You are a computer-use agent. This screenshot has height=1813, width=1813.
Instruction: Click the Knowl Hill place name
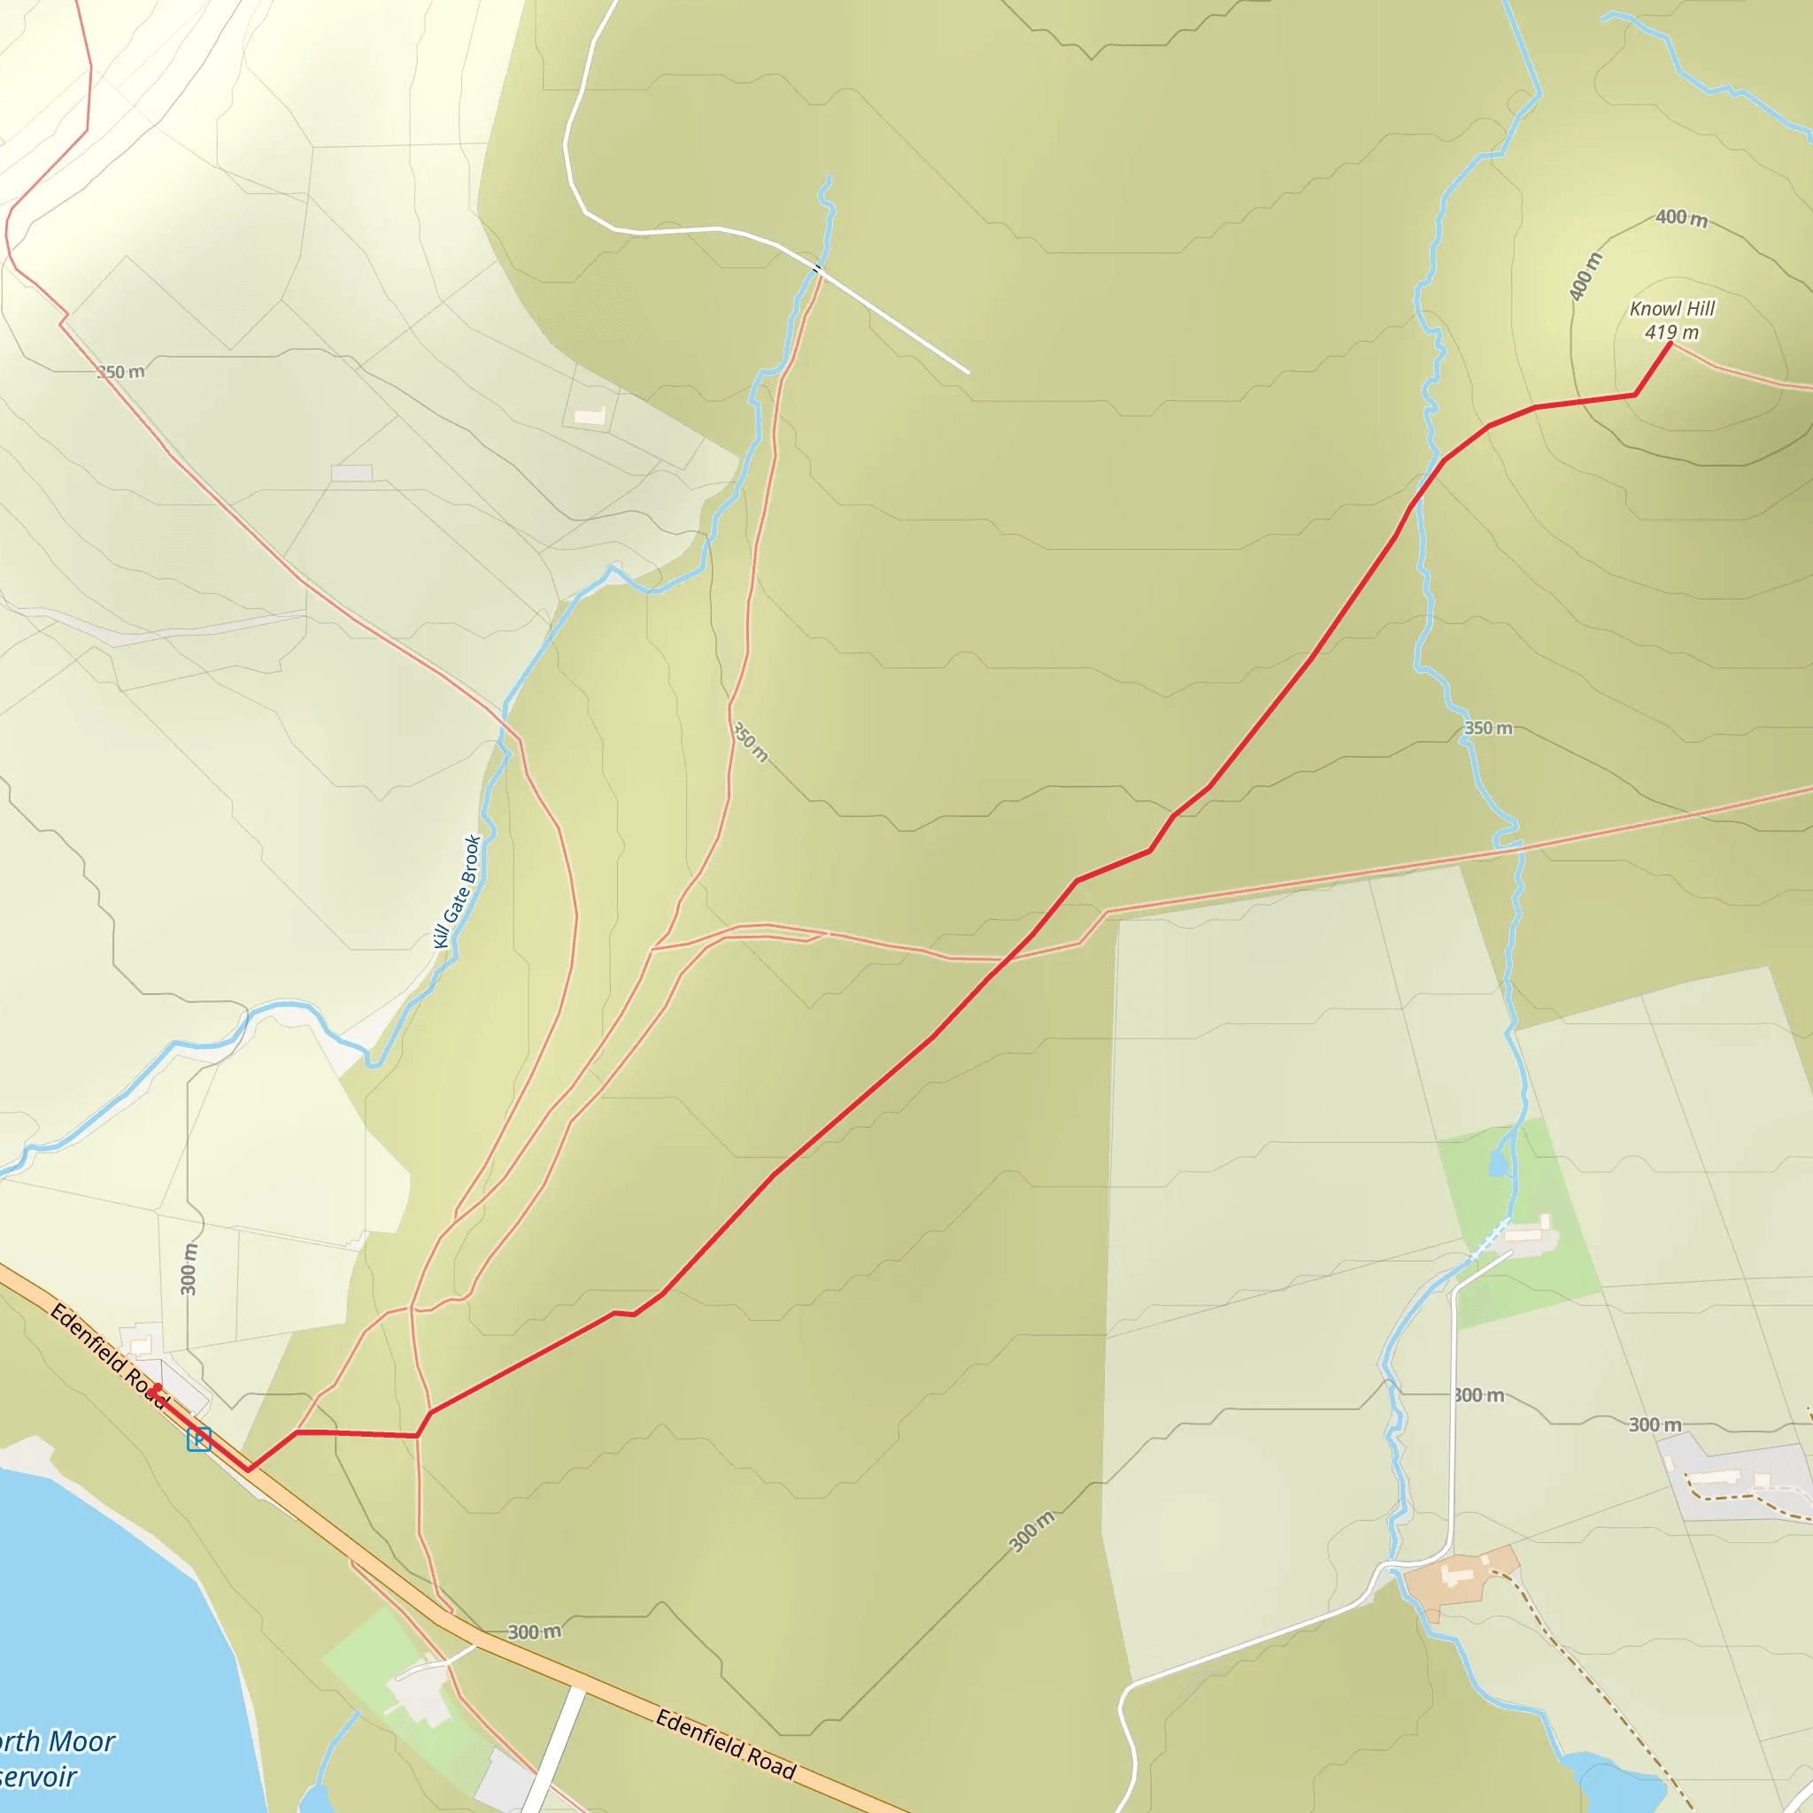1672,309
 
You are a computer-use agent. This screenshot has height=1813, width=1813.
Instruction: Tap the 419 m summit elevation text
1671,332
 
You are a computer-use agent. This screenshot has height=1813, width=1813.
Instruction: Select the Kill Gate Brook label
458,891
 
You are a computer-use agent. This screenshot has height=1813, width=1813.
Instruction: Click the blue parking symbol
199,1439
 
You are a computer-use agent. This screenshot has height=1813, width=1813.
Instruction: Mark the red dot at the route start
158,1388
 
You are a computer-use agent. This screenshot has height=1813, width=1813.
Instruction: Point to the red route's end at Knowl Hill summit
1670,343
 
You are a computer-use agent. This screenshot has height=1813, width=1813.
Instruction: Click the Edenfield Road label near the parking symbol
107,1355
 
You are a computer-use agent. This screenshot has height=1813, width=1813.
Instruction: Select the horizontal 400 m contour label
1681,218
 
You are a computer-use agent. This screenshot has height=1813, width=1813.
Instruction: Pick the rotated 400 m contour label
1585,277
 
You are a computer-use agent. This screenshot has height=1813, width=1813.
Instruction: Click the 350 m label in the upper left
122,372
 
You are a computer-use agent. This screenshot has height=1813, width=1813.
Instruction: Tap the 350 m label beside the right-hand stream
1488,729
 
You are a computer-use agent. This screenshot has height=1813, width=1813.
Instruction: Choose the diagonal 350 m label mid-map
750,741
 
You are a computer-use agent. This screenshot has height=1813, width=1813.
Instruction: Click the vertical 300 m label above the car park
189,1269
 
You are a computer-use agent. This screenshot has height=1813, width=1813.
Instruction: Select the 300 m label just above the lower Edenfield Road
534,1632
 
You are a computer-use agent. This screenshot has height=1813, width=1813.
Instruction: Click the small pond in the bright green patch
1498,1167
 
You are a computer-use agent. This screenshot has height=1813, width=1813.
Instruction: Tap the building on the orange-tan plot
1457,1572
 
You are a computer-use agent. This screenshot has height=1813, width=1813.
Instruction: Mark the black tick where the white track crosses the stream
816,269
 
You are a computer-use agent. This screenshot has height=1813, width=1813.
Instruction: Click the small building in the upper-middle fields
590,415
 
